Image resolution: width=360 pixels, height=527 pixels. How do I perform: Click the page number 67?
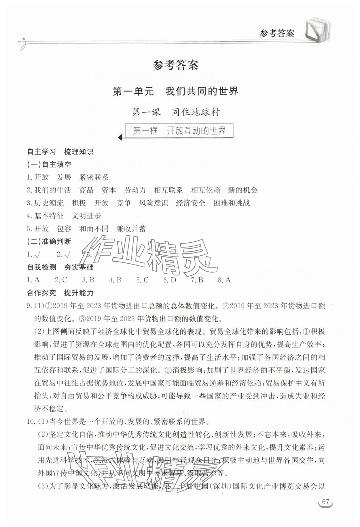325,509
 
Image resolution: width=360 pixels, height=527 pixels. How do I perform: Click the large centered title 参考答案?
175,65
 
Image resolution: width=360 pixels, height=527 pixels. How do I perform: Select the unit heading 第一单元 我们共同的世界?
175,91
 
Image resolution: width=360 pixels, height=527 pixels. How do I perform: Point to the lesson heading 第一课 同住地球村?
176,112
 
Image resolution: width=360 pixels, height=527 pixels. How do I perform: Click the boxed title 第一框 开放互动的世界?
179,131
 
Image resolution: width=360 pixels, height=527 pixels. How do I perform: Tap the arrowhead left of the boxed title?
120,138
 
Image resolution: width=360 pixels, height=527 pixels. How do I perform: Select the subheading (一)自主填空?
49,164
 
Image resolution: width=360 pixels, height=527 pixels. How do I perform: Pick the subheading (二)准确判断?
49,241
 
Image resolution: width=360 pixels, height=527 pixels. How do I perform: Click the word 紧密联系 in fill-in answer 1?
94,177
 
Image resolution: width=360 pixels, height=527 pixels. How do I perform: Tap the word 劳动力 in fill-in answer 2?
135,190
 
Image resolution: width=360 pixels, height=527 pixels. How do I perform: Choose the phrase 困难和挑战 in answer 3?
232,203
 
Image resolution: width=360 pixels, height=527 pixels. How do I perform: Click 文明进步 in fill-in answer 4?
86,216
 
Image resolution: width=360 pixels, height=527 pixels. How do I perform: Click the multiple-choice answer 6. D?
170,280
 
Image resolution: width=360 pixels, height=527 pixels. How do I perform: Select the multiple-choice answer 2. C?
61,280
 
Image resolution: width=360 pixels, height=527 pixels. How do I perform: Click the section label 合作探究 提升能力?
60,293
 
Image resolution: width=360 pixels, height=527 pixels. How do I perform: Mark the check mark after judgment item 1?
37,254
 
